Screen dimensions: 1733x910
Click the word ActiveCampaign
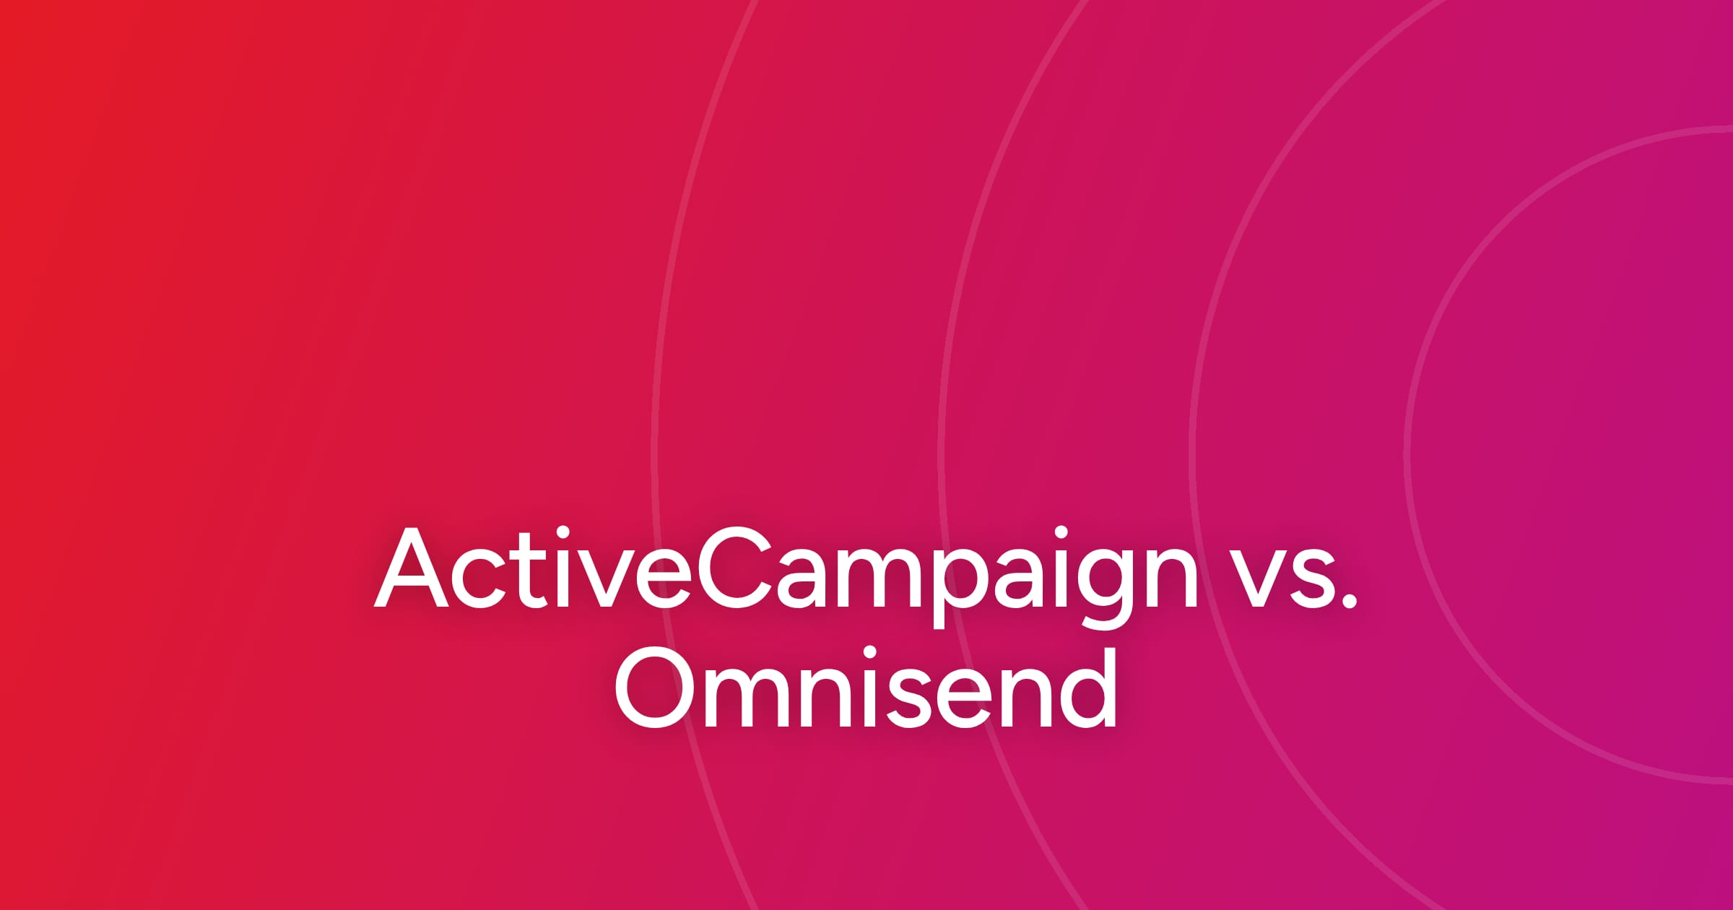point(786,577)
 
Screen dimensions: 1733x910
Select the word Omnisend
point(866,687)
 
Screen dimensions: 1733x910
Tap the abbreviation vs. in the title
point(1293,578)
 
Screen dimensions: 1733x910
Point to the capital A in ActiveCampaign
point(410,567)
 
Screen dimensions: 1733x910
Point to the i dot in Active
point(563,533)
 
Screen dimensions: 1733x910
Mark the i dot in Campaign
point(1061,533)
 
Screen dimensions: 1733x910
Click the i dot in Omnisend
point(869,653)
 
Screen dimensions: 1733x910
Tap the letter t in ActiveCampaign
point(531,571)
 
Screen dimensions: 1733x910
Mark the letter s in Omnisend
point(909,697)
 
